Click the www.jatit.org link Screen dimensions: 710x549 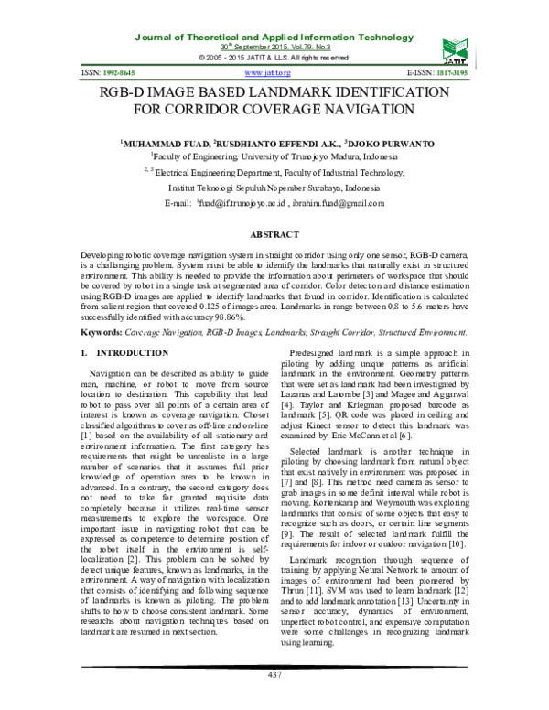(268, 70)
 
